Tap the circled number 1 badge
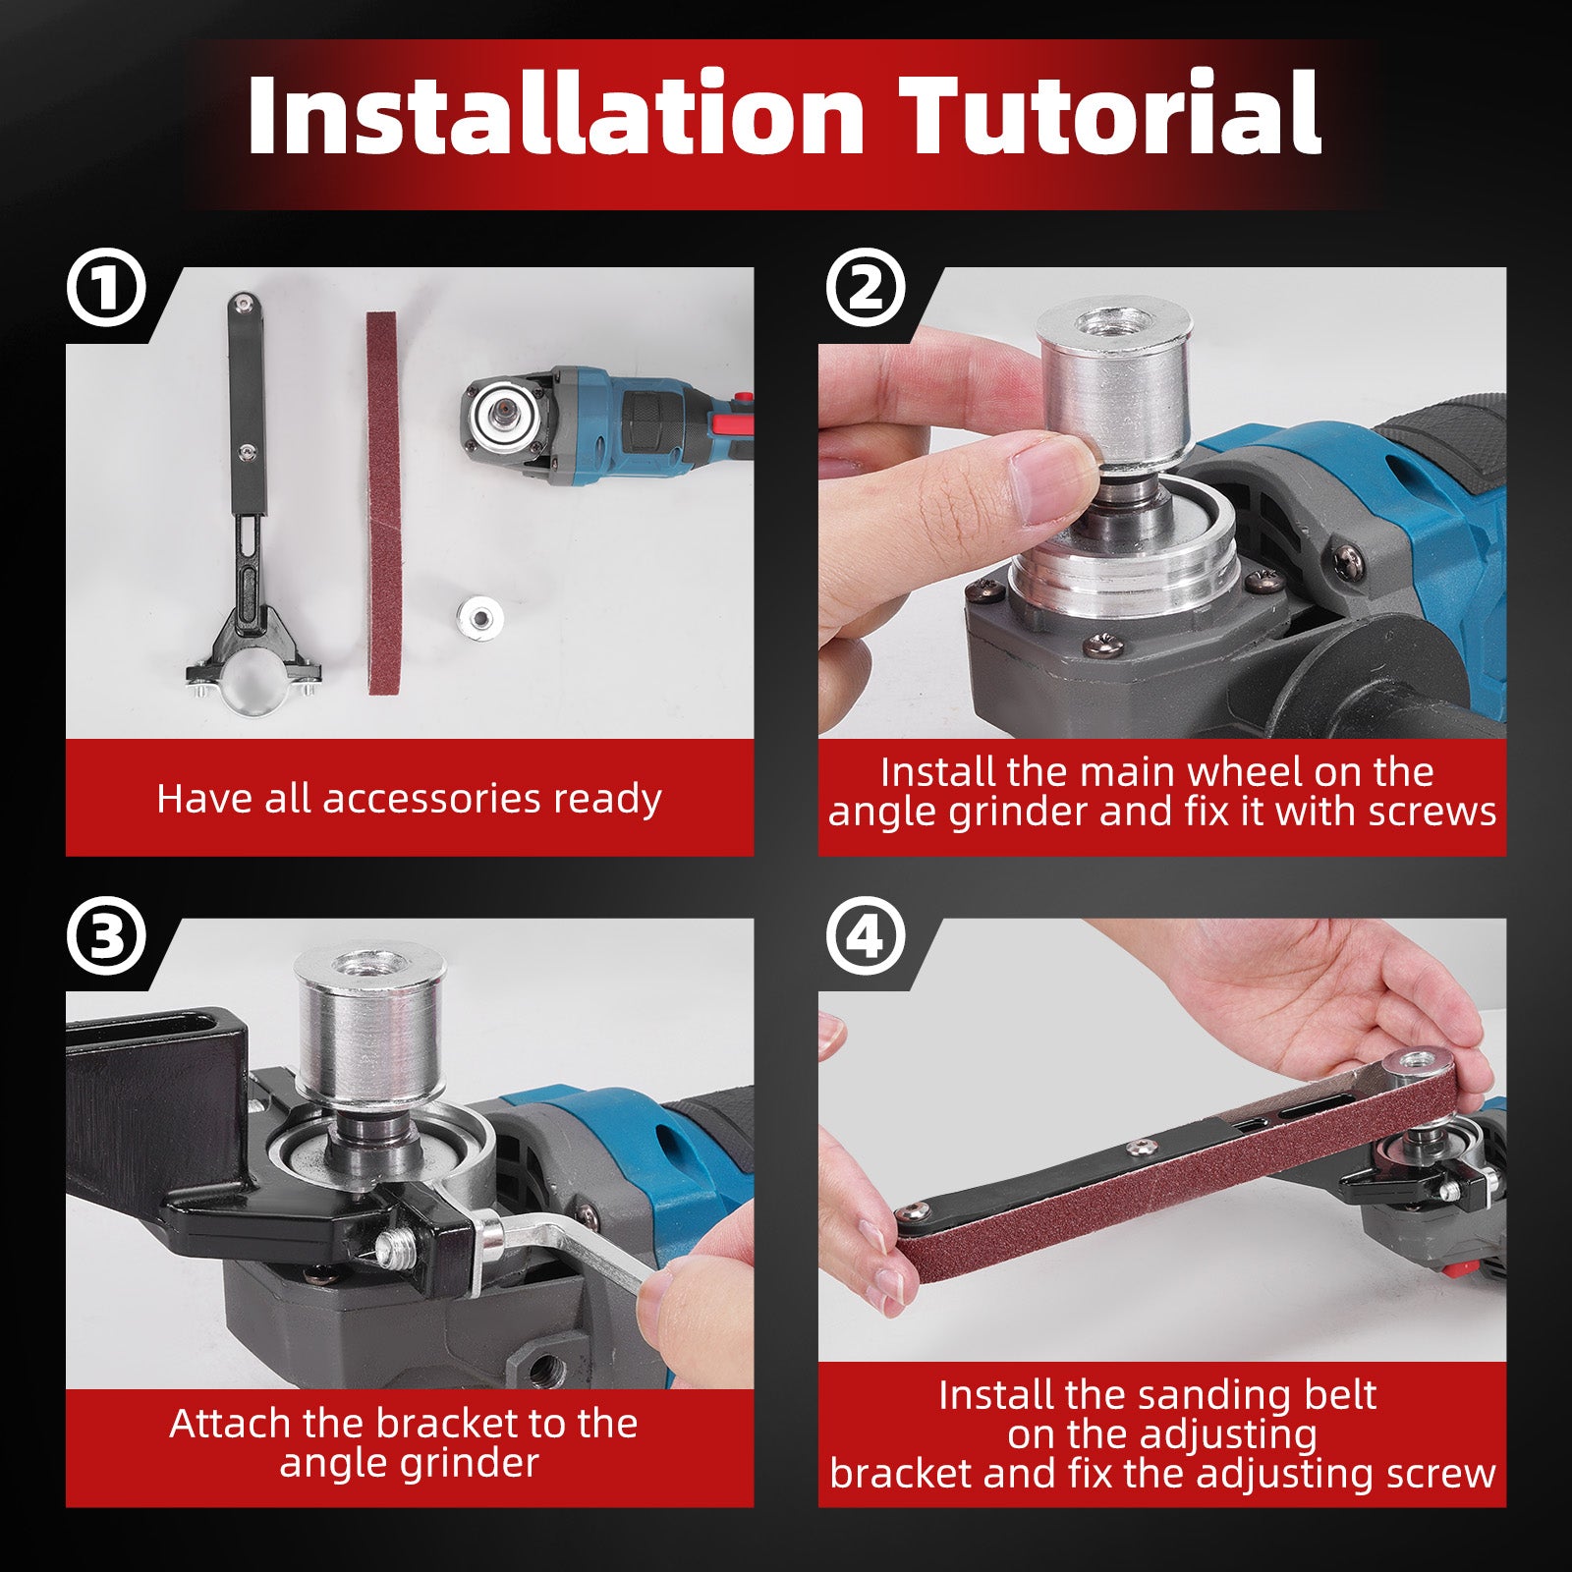[106, 290]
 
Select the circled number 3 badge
[106, 937]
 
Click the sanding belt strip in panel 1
[383, 501]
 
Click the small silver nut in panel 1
[481, 616]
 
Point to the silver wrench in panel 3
[550, 1240]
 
